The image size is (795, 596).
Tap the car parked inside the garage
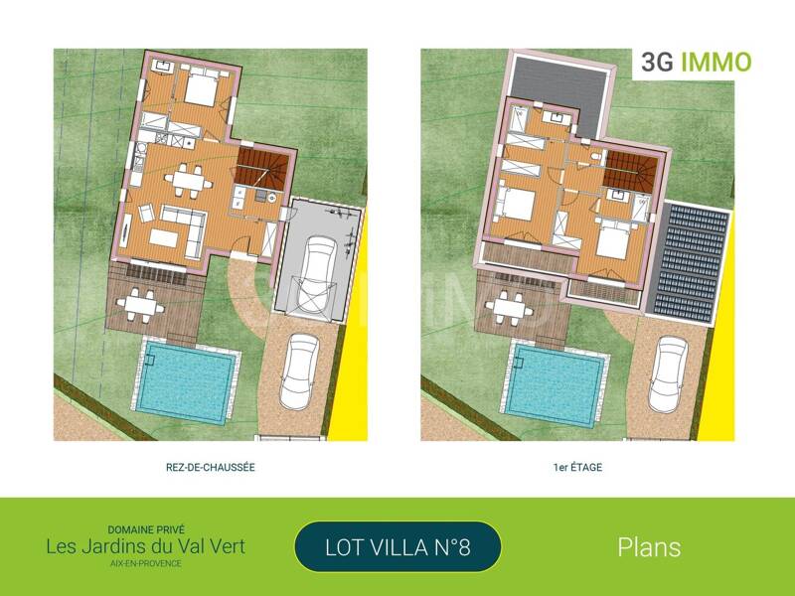tap(315, 276)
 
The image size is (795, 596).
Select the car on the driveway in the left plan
tap(298, 371)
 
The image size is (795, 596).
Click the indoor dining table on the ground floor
tap(185, 181)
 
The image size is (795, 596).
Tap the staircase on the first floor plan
tap(632, 170)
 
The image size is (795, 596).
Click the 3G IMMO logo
tap(694, 63)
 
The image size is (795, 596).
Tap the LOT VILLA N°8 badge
tap(397, 546)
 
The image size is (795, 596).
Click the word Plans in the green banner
tap(649, 546)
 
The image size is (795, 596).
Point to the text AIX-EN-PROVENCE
tap(146, 563)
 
